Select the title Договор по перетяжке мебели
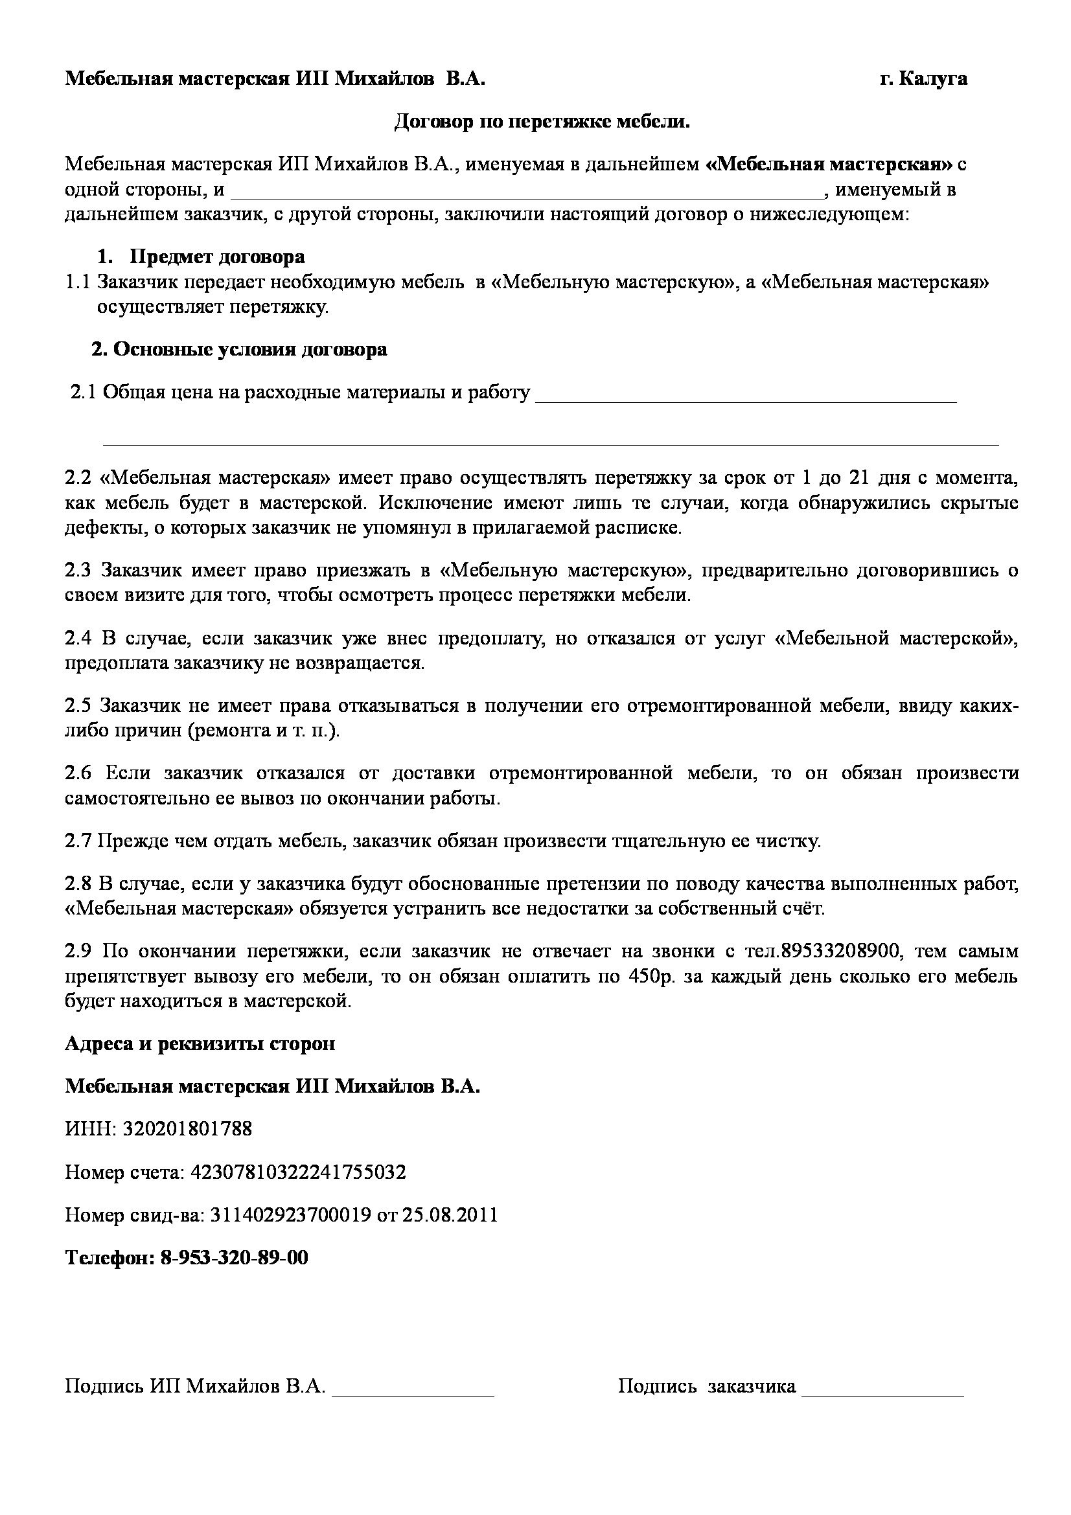click(x=542, y=121)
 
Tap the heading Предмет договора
click(x=217, y=256)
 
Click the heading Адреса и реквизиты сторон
click(x=200, y=1043)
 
